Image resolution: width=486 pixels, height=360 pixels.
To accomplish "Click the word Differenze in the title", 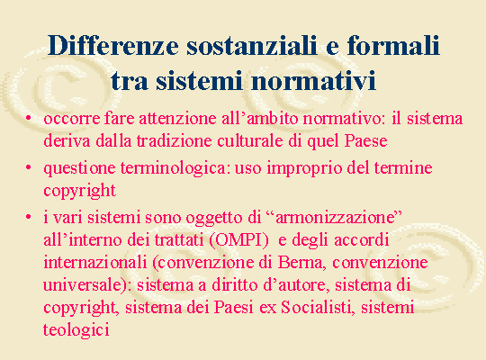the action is (113, 46).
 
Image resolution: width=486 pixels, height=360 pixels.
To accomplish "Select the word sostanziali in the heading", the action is (252, 46).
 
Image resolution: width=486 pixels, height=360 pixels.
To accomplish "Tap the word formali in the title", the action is (393, 45).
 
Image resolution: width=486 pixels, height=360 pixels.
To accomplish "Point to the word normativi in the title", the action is (314, 80).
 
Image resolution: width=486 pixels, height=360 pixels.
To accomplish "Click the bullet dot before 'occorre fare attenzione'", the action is (29, 118).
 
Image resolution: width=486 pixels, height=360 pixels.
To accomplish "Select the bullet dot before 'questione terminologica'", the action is (29, 167).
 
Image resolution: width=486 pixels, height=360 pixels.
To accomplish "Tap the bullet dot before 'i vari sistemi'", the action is (29, 217).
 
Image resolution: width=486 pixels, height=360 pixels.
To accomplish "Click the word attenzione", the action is (177, 119).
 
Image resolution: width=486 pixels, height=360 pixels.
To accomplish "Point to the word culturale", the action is (250, 141).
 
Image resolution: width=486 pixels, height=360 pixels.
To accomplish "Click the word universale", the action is (85, 285).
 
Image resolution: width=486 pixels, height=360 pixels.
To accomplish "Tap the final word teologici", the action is (76, 330).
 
